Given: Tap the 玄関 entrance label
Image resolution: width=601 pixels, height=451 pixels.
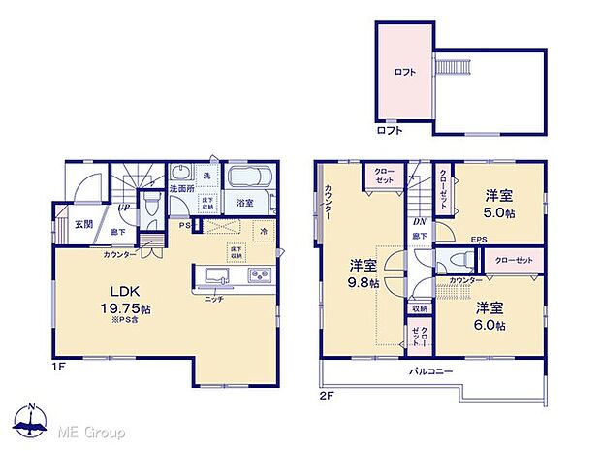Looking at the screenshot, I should pyautogui.click(x=84, y=224).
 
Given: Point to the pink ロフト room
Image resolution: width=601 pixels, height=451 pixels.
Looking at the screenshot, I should pyautogui.click(x=404, y=72).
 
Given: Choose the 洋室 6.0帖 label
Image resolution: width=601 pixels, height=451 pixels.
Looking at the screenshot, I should pyautogui.click(x=490, y=316).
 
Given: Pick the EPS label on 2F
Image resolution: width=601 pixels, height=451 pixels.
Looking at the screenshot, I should pyautogui.click(x=479, y=240).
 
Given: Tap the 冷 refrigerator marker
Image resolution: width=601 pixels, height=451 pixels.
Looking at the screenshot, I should pyautogui.click(x=265, y=233).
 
